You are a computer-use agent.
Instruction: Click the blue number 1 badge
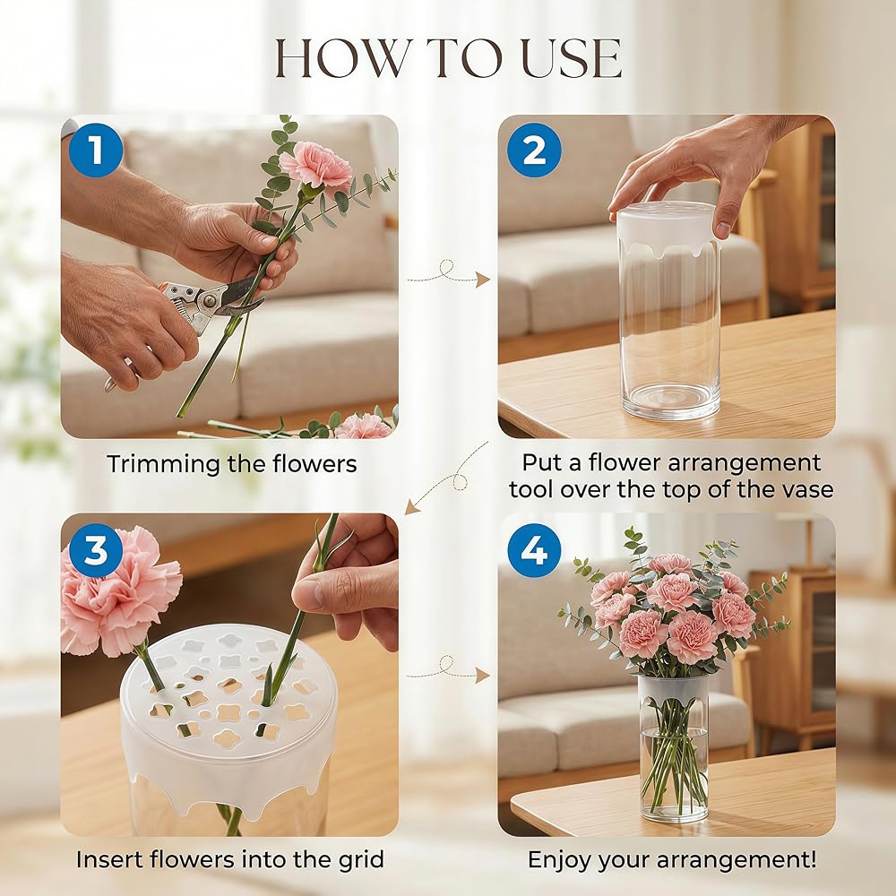tap(96, 150)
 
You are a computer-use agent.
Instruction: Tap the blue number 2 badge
tap(534, 150)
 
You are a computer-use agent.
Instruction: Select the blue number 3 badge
tap(96, 550)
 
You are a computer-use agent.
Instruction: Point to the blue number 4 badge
tap(534, 550)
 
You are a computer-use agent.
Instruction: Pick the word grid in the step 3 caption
tap(360, 859)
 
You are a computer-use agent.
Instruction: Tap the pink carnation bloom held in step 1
tap(316, 165)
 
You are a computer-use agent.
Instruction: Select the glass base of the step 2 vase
tap(670, 400)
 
